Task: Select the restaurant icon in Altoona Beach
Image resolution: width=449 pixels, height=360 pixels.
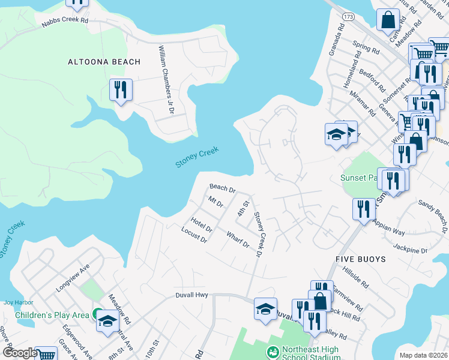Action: click(121, 91)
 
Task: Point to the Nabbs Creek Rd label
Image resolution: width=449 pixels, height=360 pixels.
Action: click(65, 21)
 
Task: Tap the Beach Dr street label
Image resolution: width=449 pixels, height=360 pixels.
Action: click(222, 188)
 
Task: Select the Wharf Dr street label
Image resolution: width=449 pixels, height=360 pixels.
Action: click(238, 240)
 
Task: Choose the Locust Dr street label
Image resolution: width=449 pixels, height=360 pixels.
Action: click(194, 235)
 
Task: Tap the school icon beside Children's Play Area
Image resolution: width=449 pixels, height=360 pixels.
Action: click(107, 320)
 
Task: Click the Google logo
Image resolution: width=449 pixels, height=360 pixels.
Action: click(19, 353)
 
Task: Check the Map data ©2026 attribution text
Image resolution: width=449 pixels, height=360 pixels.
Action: click(423, 355)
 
